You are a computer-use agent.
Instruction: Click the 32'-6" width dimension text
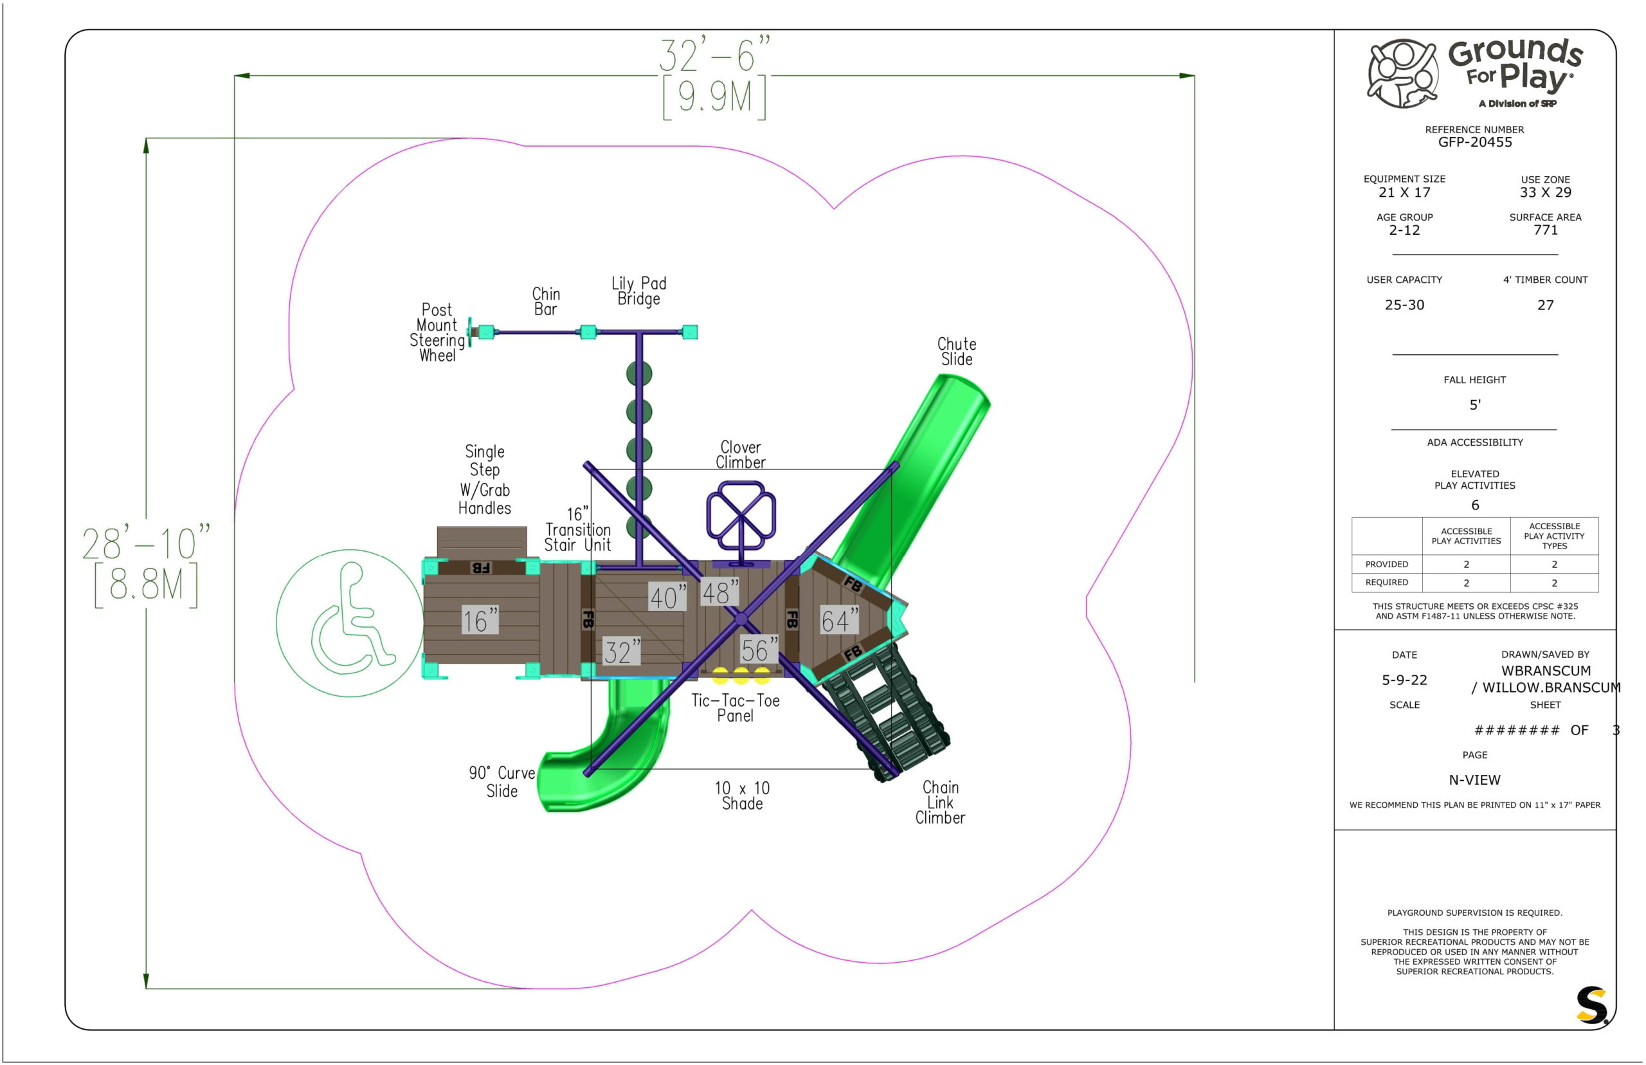point(714,55)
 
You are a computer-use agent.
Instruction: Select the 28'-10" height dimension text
point(145,543)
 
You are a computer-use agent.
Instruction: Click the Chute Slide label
point(956,351)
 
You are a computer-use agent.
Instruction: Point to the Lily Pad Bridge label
point(638,291)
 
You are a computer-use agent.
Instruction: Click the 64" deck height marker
point(838,621)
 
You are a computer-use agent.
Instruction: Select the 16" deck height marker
point(480,621)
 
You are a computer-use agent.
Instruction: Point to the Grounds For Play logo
point(1474,73)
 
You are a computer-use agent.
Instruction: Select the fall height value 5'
point(1474,405)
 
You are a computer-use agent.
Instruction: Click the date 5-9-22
point(1404,680)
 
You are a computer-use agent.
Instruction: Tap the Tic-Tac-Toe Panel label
point(735,708)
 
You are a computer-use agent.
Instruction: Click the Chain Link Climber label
point(939,802)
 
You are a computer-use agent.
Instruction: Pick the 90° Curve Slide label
point(502,782)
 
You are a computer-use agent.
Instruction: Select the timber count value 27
point(1545,305)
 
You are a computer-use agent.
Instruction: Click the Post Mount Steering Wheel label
point(437,332)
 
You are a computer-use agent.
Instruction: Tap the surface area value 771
point(1545,230)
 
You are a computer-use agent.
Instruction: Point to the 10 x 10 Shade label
point(742,796)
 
